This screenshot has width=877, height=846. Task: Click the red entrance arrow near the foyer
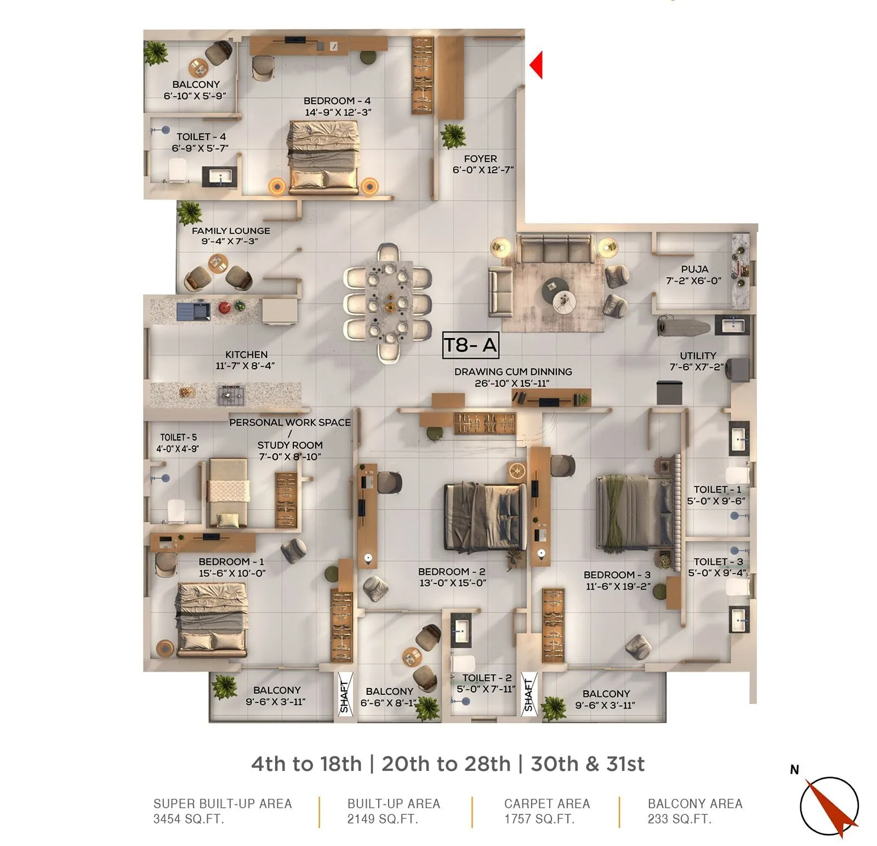click(537, 65)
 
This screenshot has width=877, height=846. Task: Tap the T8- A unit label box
click(470, 345)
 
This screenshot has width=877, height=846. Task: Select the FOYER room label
click(480, 159)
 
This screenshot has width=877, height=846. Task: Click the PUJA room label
click(694, 269)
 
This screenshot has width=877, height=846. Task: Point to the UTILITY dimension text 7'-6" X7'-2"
click(697, 367)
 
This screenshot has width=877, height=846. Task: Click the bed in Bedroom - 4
click(323, 158)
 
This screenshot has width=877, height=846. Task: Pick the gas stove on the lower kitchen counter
click(231, 394)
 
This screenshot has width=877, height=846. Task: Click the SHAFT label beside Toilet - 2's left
click(344, 696)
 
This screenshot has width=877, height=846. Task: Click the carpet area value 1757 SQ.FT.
click(539, 819)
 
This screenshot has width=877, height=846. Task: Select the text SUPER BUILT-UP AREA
click(223, 804)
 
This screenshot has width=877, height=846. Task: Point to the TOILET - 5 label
click(178, 437)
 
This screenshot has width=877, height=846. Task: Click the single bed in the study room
click(227, 493)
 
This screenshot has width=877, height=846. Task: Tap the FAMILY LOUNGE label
click(231, 231)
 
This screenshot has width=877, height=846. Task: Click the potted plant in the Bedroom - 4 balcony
click(156, 53)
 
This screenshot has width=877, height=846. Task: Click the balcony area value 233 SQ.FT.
click(679, 819)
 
